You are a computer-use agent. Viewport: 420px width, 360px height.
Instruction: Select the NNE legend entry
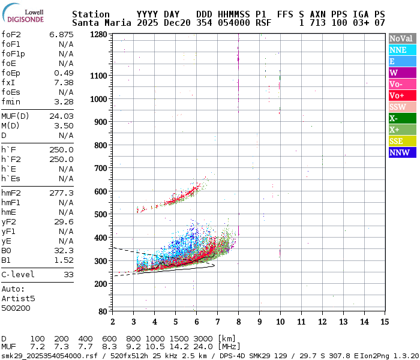[x=398, y=50]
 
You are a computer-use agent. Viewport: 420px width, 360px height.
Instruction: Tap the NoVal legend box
[x=401, y=38]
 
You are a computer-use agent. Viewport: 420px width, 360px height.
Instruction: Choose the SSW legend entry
[x=399, y=107]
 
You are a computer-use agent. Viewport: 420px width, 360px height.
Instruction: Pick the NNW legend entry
[x=399, y=152]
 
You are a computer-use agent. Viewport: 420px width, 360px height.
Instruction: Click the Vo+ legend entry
[x=397, y=95]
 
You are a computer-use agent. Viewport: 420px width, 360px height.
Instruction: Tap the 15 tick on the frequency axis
[x=385, y=322]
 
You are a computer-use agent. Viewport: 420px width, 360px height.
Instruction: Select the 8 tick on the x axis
[x=238, y=322]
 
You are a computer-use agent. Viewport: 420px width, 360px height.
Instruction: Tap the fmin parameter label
[x=11, y=101]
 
